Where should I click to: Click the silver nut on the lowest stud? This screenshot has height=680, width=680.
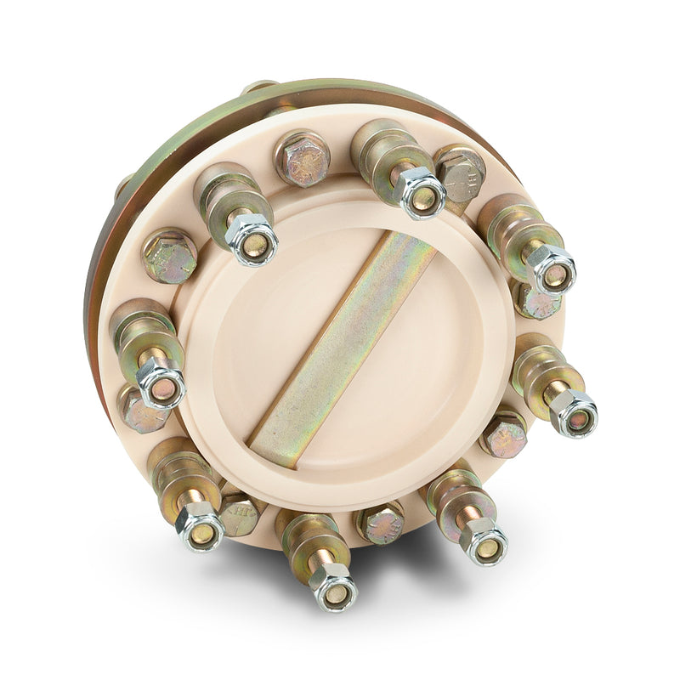coord(332,586)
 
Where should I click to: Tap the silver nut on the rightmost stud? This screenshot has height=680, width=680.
coord(573,413)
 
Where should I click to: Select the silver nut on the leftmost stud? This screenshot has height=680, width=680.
coord(161,384)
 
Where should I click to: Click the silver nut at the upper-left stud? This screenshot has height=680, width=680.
coord(252,238)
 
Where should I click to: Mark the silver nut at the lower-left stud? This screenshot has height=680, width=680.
coord(201,526)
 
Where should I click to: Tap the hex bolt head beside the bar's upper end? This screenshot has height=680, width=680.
coord(460,173)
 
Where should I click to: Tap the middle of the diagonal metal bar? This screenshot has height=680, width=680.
coord(344,344)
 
